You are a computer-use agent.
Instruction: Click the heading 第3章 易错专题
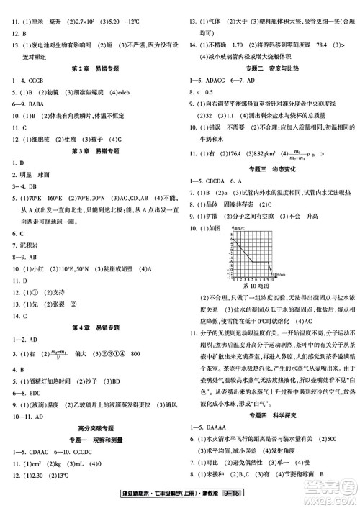[x=90, y=153]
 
